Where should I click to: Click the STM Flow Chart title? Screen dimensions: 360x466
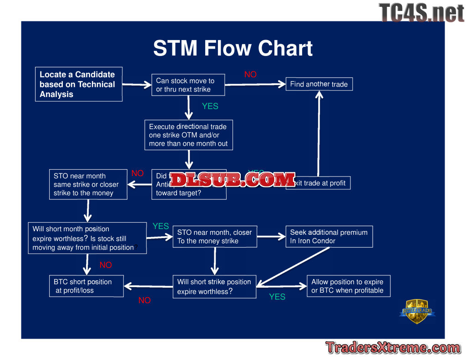click(x=233, y=48)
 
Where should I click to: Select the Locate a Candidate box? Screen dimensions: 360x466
click(x=78, y=84)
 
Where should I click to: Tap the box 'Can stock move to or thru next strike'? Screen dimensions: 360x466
click(x=188, y=85)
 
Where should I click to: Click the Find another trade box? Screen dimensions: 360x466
click(x=319, y=84)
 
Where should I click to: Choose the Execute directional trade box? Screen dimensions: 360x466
click(x=188, y=135)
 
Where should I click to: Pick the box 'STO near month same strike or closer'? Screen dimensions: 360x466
click(x=88, y=184)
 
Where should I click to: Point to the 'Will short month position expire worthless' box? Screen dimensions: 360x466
click(x=88, y=238)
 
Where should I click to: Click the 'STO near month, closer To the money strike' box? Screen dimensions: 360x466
click(x=214, y=237)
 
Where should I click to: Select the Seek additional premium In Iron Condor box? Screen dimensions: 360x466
click(x=329, y=237)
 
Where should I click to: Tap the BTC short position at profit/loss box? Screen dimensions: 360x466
click(x=86, y=286)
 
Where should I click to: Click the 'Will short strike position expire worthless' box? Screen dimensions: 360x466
click(x=214, y=287)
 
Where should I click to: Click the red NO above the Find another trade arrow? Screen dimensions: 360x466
click(x=250, y=75)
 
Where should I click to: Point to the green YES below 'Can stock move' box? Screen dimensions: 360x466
click(x=210, y=106)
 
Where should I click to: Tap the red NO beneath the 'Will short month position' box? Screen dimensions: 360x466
click(x=106, y=265)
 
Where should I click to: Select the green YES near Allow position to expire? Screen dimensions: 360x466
click(x=277, y=297)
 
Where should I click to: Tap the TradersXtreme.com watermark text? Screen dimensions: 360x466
click(x=393, y=348)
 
